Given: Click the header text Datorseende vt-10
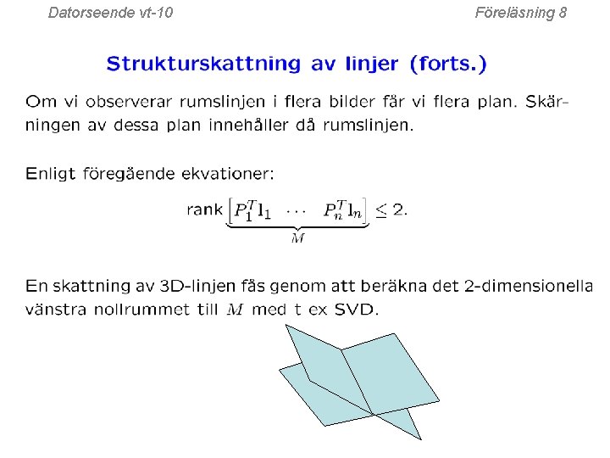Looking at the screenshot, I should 110,13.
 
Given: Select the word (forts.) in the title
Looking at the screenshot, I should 448,64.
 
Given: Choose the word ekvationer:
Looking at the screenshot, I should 229,174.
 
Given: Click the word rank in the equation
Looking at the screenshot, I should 205,209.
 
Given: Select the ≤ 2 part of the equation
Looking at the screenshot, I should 391,209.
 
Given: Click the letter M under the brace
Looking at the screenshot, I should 297,239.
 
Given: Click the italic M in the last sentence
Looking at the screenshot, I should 236,310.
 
